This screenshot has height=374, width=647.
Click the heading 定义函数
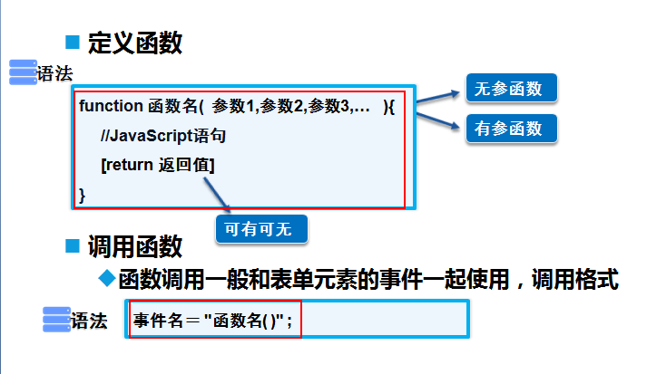[x=135, y=42]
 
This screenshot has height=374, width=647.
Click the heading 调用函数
[x=135, y=245]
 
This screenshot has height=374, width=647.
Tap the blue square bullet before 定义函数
[x=74, y=41]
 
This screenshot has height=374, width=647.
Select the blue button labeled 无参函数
[x=510, y=89]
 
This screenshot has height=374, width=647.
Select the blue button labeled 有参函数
[x=510, y=129]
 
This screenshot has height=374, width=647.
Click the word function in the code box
[x=110, y=106]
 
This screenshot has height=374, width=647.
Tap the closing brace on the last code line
[x=83, y=194]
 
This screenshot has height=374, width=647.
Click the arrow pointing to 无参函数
[x=439, y=96]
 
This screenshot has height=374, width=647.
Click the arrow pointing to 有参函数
[x=439, y=120]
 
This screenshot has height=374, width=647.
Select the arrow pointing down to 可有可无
[x=219, y=195]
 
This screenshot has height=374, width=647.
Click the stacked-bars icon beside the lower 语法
[x=57, y=320]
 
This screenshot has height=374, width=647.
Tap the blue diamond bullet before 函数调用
[x=106, y=277]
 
